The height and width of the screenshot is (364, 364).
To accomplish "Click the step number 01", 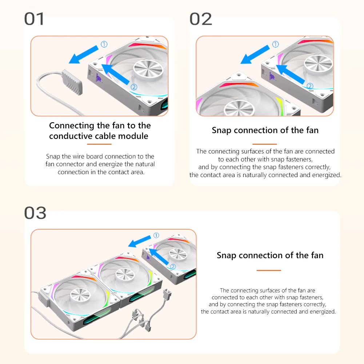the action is pos(34,19).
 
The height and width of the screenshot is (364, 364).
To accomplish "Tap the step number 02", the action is pos(201,19).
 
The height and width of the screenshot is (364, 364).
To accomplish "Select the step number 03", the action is pos(35,213).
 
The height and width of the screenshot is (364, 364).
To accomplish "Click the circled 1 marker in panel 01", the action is pos(104,44).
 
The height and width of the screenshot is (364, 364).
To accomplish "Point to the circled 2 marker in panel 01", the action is pos(134,87).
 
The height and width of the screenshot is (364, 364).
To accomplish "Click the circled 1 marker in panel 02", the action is pos(275,44).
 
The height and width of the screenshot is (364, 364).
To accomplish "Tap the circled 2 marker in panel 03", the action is pos(173,267).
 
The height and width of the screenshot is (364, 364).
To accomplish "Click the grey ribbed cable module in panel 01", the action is pos(72,82).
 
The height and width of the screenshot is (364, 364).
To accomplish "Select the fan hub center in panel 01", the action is pos(148,69).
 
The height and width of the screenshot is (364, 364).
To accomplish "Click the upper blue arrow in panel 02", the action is pos(255,55).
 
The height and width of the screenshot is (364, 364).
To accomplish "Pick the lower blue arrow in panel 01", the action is pos(116,74).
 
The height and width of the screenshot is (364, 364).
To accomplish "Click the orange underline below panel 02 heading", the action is pos(265,144).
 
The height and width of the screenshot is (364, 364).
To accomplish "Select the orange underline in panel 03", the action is pos(269,271).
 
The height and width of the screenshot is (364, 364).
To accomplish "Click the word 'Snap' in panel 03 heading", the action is pos(226,256).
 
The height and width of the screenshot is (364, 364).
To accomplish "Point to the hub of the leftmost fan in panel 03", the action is pos(80,295).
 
